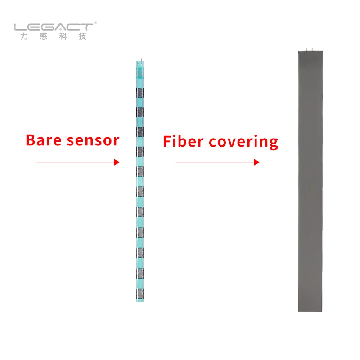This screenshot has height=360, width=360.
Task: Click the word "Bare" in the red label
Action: click(44, 140)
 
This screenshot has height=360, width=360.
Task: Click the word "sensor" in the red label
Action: click(93, 141)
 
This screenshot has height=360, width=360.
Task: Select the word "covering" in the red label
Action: click(243, 143)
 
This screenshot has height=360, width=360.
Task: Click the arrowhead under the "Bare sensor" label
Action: click(117, 162)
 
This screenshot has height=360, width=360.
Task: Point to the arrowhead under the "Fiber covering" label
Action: click(257, 162)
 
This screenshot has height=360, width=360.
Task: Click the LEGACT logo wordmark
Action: click(53, 27)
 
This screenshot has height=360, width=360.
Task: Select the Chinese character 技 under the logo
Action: click(82, 37)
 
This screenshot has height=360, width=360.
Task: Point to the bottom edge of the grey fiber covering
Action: click(310, 310)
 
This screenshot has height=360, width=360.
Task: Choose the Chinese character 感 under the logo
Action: click(43, 37)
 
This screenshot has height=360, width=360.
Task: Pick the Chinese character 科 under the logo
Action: click(63, 37)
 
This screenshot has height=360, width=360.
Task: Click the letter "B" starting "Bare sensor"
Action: click(31, 140)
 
